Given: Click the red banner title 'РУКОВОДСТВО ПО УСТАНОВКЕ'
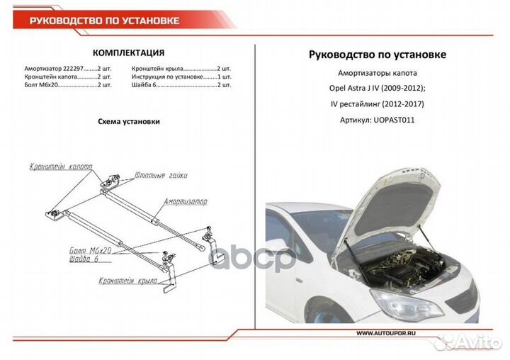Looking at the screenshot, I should (104, 21).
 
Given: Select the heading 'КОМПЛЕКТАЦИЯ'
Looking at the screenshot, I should (129, 52).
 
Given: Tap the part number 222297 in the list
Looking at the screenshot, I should (68, 67).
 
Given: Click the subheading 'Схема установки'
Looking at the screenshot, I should (128, 121).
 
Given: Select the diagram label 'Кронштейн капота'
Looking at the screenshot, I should (61, 167).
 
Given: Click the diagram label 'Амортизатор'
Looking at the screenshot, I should (186, 202).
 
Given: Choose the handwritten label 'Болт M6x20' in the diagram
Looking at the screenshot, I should (91, 252).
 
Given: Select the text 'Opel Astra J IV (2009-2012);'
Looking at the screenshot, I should (378, 89).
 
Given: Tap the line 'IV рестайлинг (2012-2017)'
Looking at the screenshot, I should (378, 104).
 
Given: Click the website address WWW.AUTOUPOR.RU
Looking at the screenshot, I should (386, 332).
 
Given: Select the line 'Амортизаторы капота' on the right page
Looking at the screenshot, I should (378, 73).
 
